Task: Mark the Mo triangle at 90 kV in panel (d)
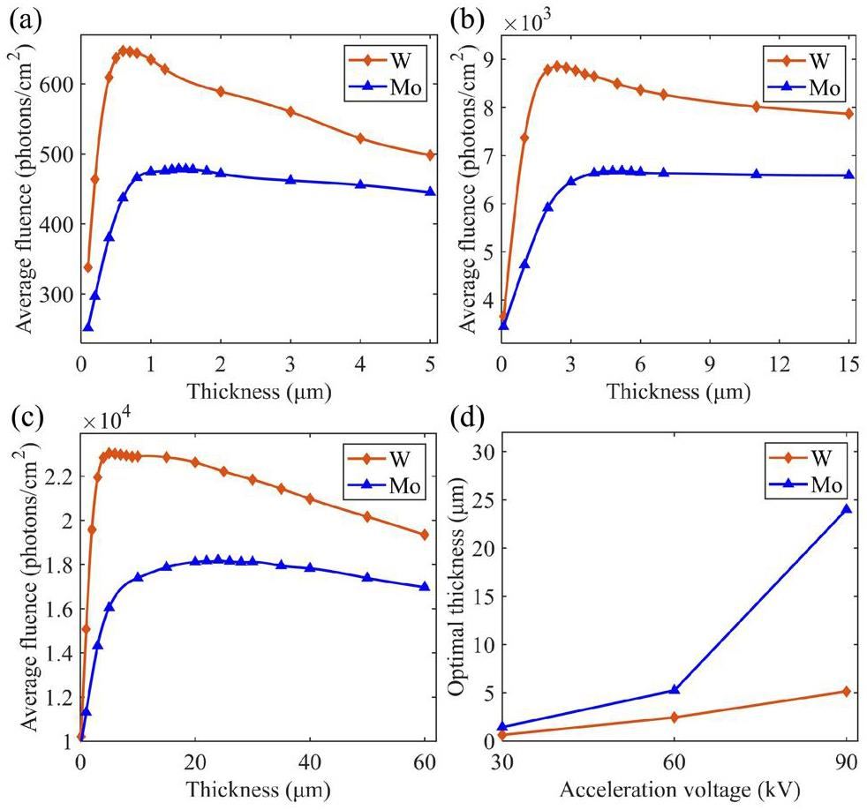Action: point(847,509)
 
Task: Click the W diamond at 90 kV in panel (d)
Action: point(847,691)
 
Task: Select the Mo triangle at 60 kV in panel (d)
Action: point(675,690)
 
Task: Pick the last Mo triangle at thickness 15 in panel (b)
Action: point(848,175)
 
